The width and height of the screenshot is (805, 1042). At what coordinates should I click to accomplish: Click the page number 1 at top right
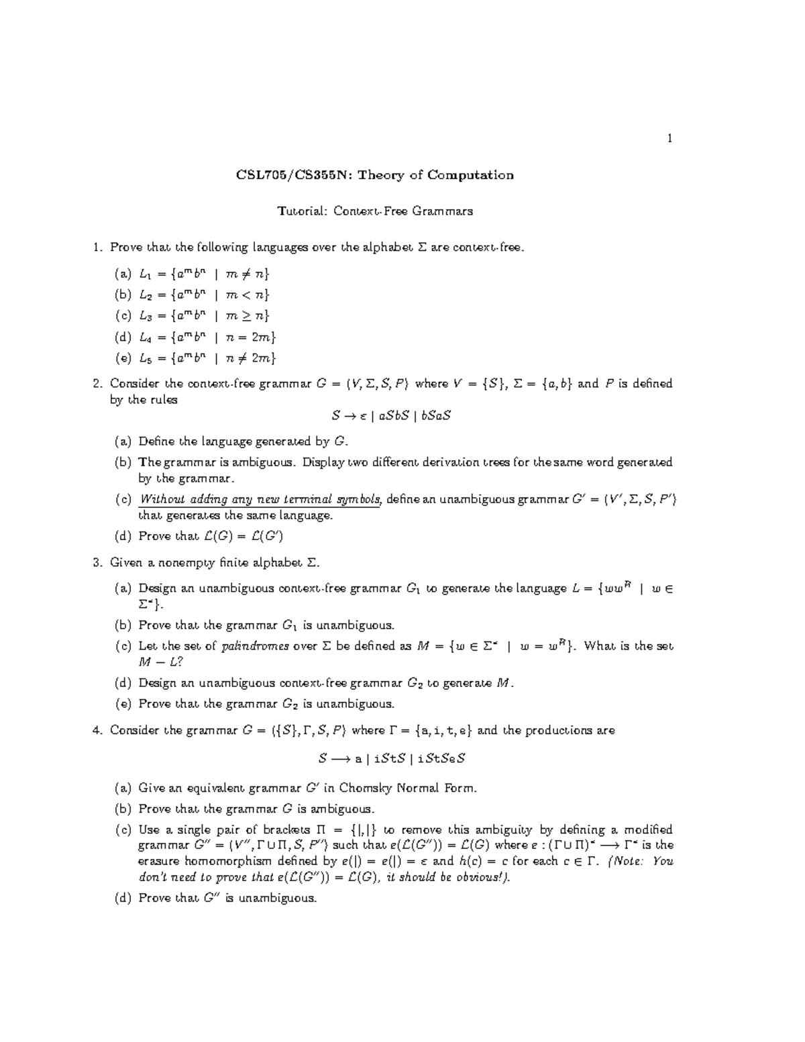click(x=669, y=139)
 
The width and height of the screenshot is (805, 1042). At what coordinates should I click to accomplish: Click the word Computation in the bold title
click(x=471, y=176)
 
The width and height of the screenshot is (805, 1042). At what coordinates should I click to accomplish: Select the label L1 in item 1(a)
click(x=146, y=274)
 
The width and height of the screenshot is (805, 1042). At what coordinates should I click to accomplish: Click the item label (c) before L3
click(x=123, y=316)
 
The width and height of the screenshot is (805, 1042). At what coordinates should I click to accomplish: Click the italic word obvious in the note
click(x=484, y=878)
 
